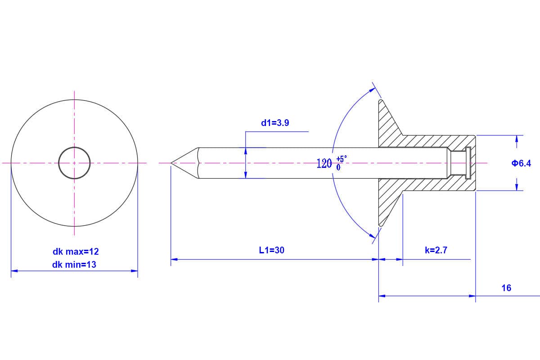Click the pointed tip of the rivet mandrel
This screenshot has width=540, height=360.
171,163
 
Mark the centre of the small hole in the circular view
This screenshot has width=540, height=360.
74,163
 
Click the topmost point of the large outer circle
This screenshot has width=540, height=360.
74,99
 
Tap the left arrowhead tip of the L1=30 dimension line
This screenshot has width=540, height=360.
171,260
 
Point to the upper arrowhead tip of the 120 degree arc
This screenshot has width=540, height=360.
376,88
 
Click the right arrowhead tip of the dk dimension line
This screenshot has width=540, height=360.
138,271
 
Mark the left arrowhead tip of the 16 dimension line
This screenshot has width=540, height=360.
379,296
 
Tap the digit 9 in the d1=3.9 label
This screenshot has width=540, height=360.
286,123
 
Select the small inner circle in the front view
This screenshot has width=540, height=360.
74,163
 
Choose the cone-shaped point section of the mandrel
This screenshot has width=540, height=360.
184,163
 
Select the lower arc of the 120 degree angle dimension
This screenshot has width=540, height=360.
345,212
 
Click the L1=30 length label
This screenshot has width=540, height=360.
272,250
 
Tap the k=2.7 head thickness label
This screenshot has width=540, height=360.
436,250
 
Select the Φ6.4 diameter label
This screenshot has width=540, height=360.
521,163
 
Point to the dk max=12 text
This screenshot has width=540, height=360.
76,252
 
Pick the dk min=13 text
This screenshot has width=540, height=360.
74,265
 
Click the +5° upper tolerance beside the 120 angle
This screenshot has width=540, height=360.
342,159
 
